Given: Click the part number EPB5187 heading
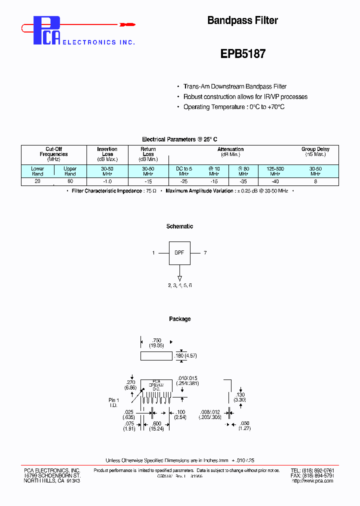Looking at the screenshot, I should tap(242, 54).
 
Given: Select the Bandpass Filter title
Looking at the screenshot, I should tap(242, 20).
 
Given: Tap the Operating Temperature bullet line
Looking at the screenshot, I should tap(233, 107).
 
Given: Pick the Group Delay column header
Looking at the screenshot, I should tap(315, 151).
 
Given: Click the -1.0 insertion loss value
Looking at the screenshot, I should tap(107, 180).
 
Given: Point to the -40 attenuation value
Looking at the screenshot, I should tap(274, 180).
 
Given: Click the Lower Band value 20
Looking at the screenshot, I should tap(37, 180).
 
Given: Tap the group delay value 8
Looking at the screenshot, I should tap(315, 180).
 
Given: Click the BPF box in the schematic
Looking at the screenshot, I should tap(179, 253).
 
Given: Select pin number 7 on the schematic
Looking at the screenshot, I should tap(205, 253).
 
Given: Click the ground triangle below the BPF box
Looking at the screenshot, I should tap(179, 278).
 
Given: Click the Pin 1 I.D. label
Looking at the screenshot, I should tap(114, 402).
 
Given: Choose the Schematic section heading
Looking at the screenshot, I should tap(179, 226).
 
